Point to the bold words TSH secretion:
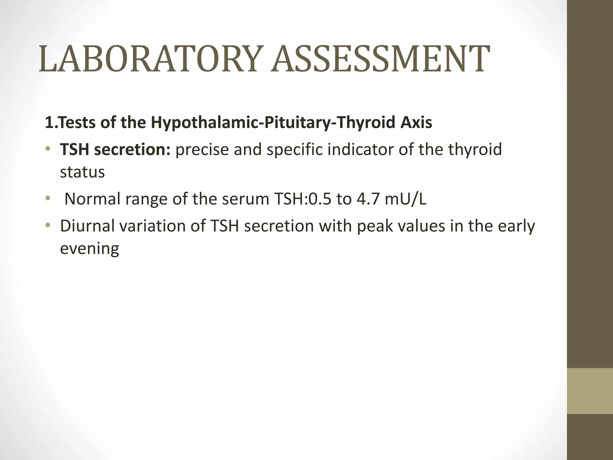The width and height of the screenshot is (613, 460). [115, 149]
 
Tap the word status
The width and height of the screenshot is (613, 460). [82, 172]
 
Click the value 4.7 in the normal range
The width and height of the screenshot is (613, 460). [368, 199]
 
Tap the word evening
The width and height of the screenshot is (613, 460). [89, 249]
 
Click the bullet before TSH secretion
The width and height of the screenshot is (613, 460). [48, 149]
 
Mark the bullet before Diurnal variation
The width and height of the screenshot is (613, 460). [48, 225]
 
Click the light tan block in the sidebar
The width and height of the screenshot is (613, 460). [590, 391]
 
